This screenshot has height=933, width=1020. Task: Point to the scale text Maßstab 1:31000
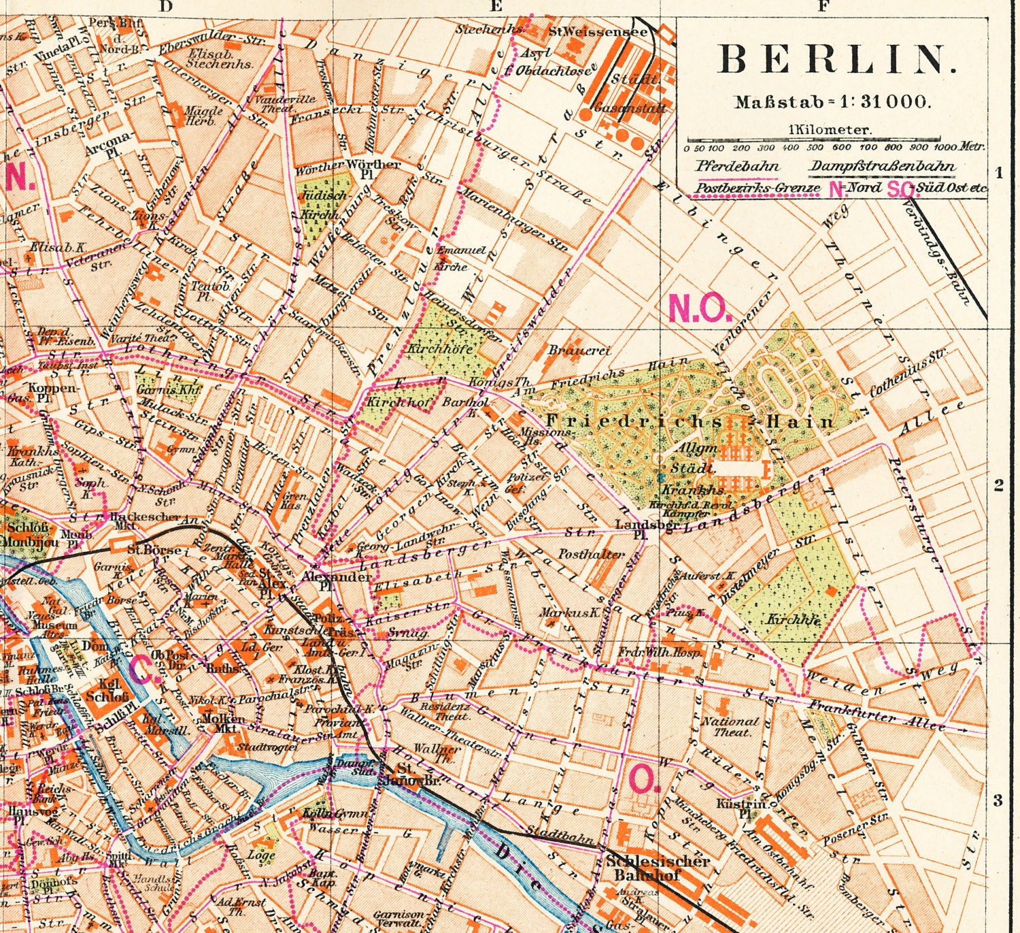point(830,102)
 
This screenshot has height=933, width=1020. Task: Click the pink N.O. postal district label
point(700,309)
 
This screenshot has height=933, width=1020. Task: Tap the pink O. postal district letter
point(644,777)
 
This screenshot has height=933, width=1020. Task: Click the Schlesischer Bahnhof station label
point(658,868)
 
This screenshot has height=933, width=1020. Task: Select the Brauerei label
point(579,350)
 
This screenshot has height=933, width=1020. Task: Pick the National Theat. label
point(730,726)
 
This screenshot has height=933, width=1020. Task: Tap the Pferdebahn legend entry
point(736,165)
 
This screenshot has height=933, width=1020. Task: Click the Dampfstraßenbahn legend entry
point(881,165)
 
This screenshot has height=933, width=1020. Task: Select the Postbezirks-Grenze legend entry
point(753,188)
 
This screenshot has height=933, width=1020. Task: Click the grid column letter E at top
point(495,7)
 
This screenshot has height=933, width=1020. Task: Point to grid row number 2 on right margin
point(998,485)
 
